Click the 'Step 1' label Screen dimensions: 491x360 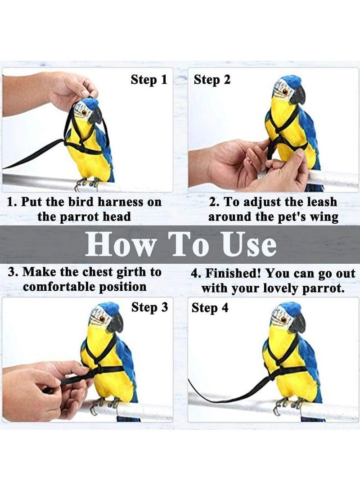click(149, 80)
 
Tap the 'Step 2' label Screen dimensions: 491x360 click(212, 80)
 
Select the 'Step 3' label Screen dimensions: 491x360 click(149, 308)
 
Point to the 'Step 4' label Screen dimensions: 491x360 click(210, 308)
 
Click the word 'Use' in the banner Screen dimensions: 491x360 click(249, 245)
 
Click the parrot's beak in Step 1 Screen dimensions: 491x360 click(95, 117)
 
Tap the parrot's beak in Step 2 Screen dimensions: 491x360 click(298, 95)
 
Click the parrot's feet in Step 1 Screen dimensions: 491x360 click(88, 182)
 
